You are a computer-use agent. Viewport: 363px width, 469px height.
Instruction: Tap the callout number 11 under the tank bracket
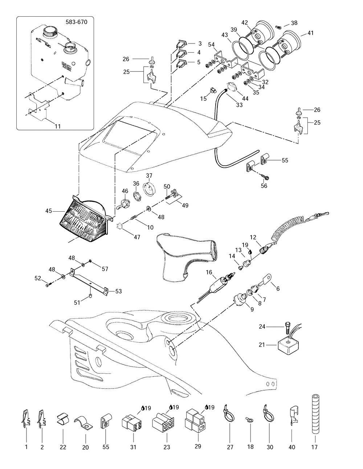(58, 126)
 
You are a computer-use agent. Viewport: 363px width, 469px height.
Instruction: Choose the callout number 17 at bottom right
(314, 447)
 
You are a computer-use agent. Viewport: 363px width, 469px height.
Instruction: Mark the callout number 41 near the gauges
(310, 33)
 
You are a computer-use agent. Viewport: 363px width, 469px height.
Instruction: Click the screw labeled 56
(264, 177)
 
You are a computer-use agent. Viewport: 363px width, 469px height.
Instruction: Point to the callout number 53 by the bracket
(118, 291)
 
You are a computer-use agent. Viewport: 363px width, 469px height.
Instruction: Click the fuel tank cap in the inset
(48, 31)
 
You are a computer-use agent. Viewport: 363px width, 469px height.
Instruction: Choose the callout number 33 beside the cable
(239, 105)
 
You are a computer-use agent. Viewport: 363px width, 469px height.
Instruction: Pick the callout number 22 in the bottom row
(62, 447)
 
